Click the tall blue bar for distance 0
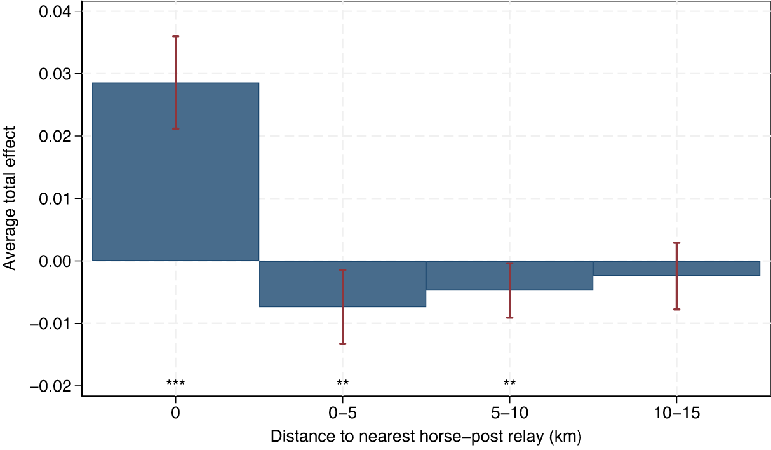(x=175, y=172)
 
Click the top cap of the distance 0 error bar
(x=175, y=36)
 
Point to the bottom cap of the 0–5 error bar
(x=343, y=344)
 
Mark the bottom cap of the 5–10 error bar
(x=510, y=317)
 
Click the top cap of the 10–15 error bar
(x=677, y=243)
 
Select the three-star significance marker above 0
(x=175, y=383)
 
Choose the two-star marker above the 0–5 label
(x=343, y=383)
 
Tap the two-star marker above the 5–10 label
(x=509, y=383)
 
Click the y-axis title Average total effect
(x=10, y=198)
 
